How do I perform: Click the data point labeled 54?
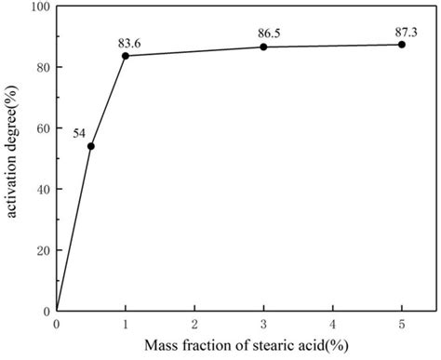(x=91, y=146)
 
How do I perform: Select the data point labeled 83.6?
(x=126, y=56)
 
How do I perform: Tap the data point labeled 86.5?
(x=263, y=47)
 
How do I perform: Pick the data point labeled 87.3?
(x=401, y=45)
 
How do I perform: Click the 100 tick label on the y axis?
(x=41, y=7)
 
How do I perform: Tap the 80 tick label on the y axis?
(x=44, y=67)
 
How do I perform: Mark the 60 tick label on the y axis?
(x=44, y=127)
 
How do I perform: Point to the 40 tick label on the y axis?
(x=44, y=189)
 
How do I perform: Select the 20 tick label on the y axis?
(x=44, y=249)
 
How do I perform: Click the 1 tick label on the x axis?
(x=126, y=324)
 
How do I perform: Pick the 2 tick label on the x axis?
(x=194, y=324)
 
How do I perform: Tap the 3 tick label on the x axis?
(x=263, y=324)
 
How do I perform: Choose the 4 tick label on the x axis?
(x=332, y=324)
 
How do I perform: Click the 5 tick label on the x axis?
(x=401, y=324)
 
